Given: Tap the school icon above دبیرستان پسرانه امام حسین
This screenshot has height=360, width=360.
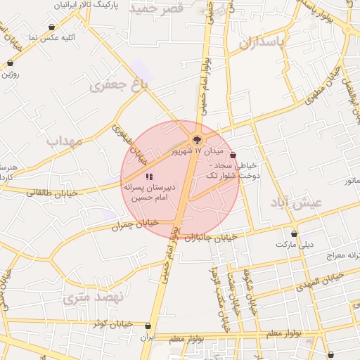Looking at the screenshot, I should click(149, 176).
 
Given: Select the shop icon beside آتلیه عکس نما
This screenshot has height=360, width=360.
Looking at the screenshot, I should click(52, 27).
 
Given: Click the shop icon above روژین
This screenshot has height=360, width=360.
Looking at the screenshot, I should click(10, 63).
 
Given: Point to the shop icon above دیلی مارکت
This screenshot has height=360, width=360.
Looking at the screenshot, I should click(294, 233).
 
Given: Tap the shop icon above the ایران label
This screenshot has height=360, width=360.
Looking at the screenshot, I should click(147, 326).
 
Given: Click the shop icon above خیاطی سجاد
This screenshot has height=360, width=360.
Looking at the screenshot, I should click(233, 155).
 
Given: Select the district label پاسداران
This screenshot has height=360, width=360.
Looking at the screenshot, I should click(262, 43).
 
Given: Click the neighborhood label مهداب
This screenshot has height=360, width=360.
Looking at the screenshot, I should click(65, 141).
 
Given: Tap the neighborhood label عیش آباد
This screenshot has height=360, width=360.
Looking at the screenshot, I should click(295, 202).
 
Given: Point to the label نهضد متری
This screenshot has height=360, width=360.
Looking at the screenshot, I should click(93, 297).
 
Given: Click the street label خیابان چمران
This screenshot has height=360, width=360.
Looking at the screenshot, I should click(136, 224).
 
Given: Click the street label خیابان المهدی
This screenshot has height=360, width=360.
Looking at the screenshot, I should click(319, 281).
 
